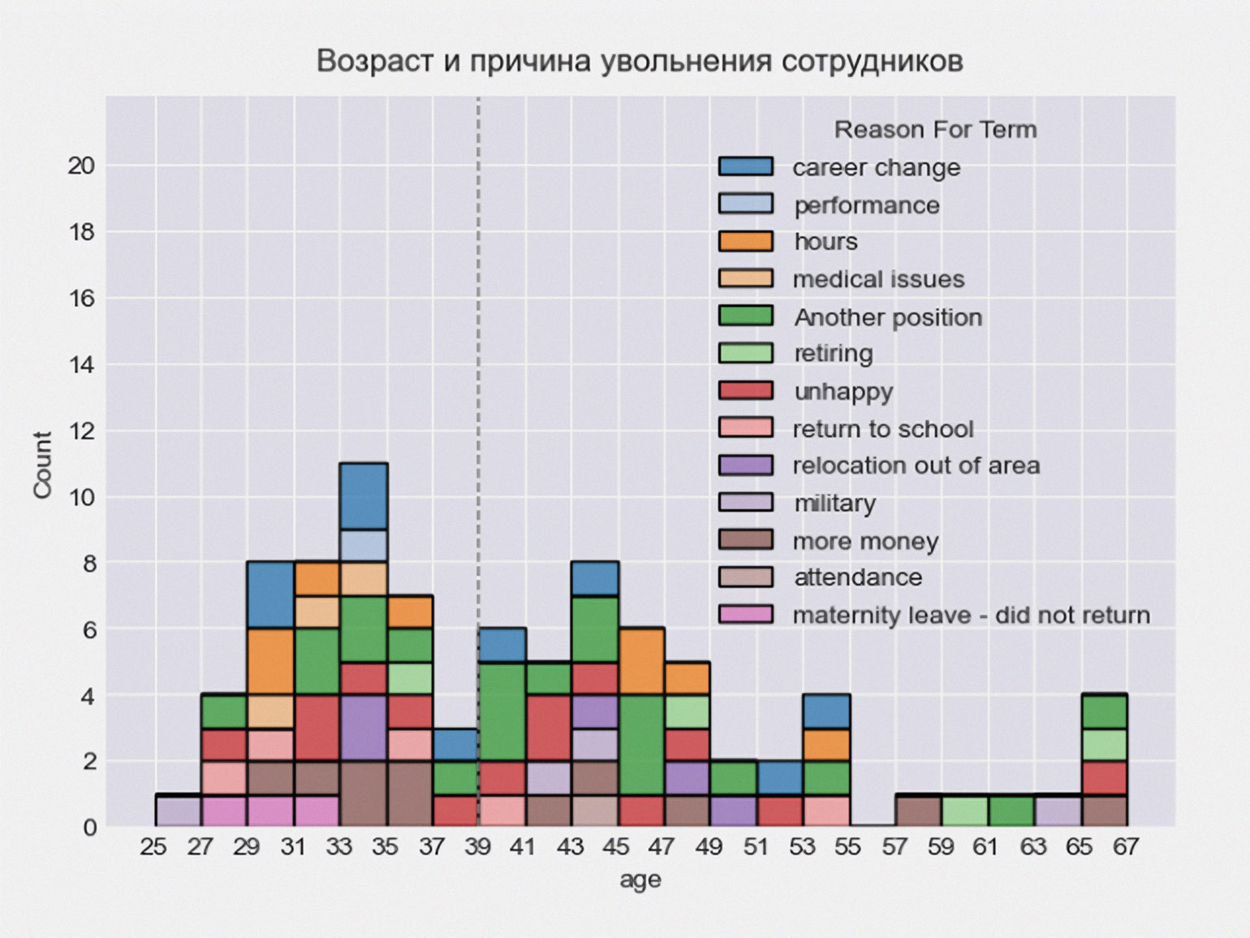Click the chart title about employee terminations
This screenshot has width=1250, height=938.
(640, 62)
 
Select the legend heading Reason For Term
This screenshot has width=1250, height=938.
(935, 130)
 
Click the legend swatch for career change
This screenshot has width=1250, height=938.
(745, 166)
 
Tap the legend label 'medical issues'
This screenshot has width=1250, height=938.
(878, 279)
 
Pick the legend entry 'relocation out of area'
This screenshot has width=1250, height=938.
(916, 466)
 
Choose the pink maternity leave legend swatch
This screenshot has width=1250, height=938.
(745, 615)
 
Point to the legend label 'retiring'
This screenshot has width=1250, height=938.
(834, 354)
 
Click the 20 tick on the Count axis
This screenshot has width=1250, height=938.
(81, 166)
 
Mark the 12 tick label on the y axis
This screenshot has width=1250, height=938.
(81, 430)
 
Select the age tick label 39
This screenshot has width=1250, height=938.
(478, 847)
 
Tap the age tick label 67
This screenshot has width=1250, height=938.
(1126, 847)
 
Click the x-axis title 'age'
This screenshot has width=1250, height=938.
(640, 880)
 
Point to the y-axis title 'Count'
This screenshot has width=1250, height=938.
(42, 465)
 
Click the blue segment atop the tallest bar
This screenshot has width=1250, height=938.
(363, 496)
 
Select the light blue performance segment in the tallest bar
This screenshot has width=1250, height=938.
(363, 546)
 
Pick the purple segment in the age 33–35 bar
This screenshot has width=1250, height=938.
(363, 728)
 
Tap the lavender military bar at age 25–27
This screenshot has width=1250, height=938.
(178, 810)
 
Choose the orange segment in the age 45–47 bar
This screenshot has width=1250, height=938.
(641, 661)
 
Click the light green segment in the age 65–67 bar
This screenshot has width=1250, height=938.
(1104, 745)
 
